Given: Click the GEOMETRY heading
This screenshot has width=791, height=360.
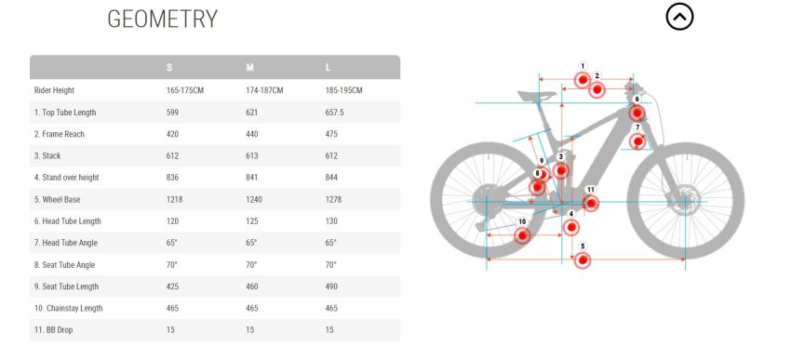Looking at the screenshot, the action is [163, 20].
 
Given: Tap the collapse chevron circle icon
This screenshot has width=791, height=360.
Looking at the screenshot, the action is [679, 17].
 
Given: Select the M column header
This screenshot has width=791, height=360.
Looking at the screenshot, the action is [249, 68].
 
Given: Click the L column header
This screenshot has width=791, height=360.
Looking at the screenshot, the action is [328, 68].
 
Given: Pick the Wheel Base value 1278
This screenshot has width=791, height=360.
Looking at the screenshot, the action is [333, 200].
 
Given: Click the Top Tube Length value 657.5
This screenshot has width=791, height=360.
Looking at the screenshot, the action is [334, 113].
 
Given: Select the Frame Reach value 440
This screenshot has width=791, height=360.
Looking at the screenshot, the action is [252, 134].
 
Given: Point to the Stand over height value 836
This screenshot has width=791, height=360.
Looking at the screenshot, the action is [172, 178].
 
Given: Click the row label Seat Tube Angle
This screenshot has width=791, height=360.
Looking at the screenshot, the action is [64, 265].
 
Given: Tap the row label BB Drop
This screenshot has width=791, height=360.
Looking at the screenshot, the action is [53, 329].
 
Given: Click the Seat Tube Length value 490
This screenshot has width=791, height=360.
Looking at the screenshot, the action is [331, 287].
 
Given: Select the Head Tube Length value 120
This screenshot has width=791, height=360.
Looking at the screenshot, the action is [172, 221].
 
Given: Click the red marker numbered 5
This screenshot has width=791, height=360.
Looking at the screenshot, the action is [583, 260].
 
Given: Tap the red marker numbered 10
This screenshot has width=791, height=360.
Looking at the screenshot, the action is [522, 235].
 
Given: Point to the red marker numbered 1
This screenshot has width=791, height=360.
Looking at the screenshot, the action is [583, 80].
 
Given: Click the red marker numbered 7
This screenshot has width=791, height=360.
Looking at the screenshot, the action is [637, 141].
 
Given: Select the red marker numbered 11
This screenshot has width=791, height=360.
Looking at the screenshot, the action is [591, 203].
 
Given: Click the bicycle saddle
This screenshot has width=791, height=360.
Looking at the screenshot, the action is [537, 95].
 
